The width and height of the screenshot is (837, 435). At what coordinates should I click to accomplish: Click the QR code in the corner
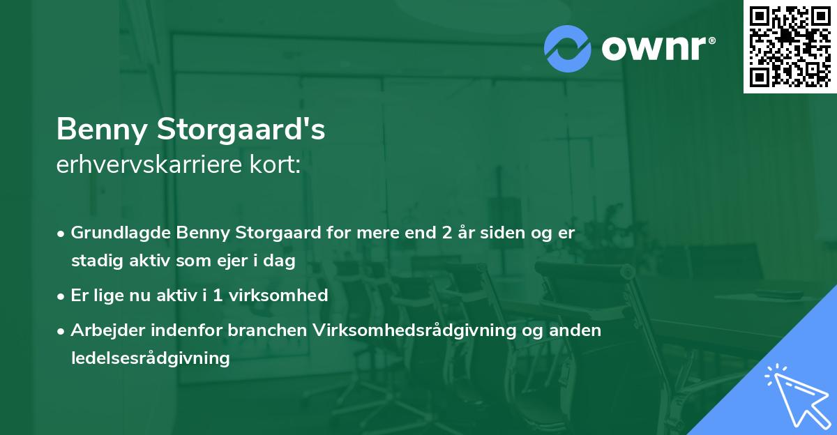(790, 46)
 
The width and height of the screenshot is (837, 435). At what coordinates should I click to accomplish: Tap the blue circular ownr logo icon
(568, 47)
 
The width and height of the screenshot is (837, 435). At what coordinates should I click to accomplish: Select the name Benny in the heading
(104, 130)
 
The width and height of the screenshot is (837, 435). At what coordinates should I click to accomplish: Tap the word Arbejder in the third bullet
(102, 330)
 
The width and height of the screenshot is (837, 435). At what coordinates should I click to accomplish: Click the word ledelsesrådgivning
(150, 358)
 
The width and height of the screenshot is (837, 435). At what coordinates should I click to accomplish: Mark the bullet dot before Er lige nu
(61, 296)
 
